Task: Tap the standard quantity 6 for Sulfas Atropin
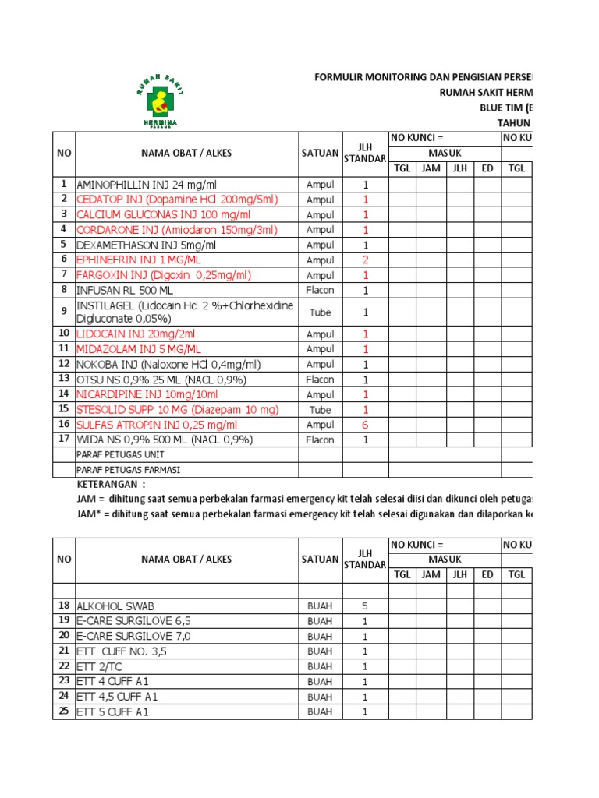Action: pos(364,425)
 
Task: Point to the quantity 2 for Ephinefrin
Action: pos(364,260)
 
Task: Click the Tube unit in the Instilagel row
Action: pos(320,312)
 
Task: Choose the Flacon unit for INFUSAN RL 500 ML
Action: pos(320,290)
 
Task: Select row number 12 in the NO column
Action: pos(63,364)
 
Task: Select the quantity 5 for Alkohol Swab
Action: pos(364,606)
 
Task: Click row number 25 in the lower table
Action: pos(63,711)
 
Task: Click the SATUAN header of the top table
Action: pos(320,153)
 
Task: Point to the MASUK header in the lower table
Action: pos(444,560)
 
